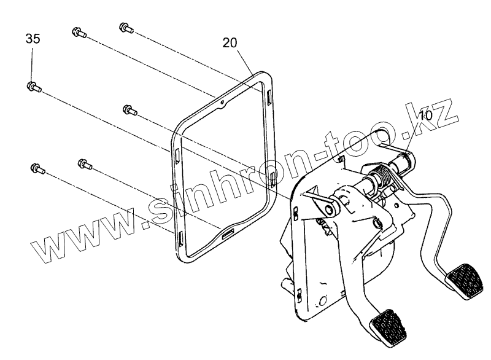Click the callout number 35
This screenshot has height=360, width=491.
coord(33,39)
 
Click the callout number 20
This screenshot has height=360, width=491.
coord(230,42)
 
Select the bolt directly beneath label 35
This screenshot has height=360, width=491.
coord(33,87)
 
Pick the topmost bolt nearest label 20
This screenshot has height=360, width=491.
coord(124,28)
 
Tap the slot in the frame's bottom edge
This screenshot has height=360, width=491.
coord(228,233)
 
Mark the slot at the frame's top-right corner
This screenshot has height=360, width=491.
coord(269,96)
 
